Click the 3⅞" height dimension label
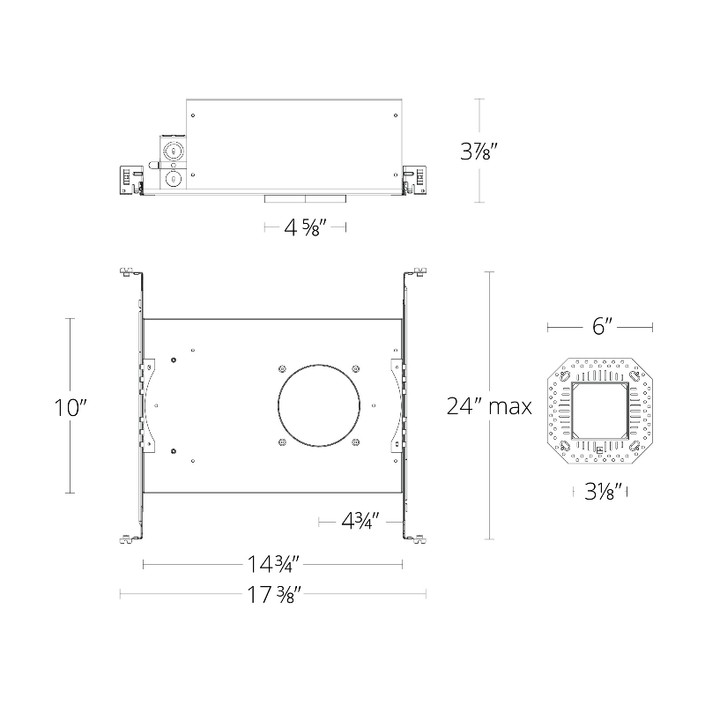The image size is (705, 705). [479, 151]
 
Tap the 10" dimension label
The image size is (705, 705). [70, 408]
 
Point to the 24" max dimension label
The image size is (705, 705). [489, 406]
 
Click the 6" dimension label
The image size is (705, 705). [602, 326]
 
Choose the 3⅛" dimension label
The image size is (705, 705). [603, 492]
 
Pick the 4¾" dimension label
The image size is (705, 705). [360, 522]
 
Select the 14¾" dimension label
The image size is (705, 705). [273, 564]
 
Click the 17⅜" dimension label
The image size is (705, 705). [273, 594]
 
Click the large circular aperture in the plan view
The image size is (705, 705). [319, 365]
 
